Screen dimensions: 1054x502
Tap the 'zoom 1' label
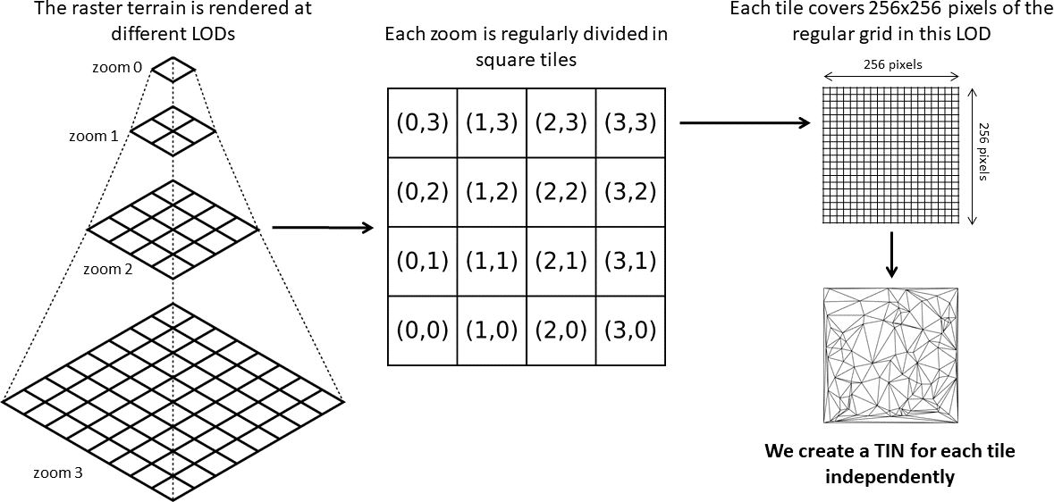click(93, 136)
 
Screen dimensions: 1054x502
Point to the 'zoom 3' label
click(58, 473)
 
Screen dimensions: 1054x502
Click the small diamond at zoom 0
click(173, 68)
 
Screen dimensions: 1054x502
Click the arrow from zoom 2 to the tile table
click(322, 229)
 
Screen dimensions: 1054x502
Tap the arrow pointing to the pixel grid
click(745, 123)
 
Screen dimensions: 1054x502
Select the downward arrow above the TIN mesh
click(891, 255)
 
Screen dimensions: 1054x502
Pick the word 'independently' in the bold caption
click(890, 477)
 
